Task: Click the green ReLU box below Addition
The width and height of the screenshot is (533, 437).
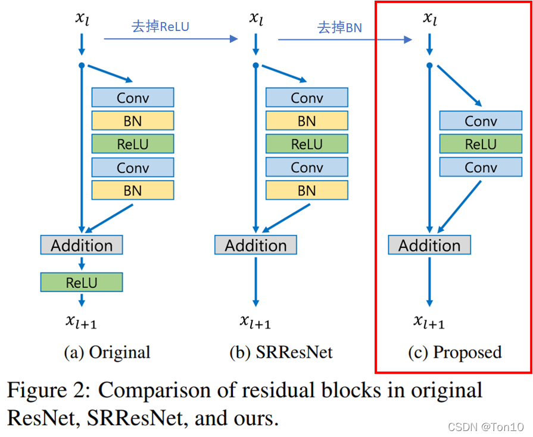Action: point(82,282)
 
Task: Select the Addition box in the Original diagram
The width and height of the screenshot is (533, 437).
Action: point(82,245)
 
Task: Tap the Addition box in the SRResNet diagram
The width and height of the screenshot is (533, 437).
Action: point(255,245)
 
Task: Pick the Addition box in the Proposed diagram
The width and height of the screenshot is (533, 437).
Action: point(429,245)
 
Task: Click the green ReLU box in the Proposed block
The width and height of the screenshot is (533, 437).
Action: point(481,144)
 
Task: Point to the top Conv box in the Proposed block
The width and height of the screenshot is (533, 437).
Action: point(481,121)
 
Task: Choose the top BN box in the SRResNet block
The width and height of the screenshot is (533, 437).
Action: point(307,121)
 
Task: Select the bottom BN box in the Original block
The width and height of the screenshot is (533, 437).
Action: point(133,190)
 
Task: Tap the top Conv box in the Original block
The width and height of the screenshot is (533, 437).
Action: point(133,98)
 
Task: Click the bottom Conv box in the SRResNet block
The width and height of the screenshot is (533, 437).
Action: point(307,168)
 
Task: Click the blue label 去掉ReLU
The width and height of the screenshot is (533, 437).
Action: point(160,27)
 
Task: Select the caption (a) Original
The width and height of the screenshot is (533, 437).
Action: point(107,352)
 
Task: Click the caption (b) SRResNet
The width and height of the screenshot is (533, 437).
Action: point(281,352)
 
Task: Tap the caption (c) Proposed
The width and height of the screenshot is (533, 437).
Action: point(455,352)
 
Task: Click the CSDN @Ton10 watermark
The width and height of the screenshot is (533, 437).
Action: point(485,427)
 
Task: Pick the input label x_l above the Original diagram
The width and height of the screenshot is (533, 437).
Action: point(82,17)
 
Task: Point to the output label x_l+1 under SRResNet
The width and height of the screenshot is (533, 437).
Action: point(255,321)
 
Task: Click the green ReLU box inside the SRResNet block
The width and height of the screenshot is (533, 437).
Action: point(307,144)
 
